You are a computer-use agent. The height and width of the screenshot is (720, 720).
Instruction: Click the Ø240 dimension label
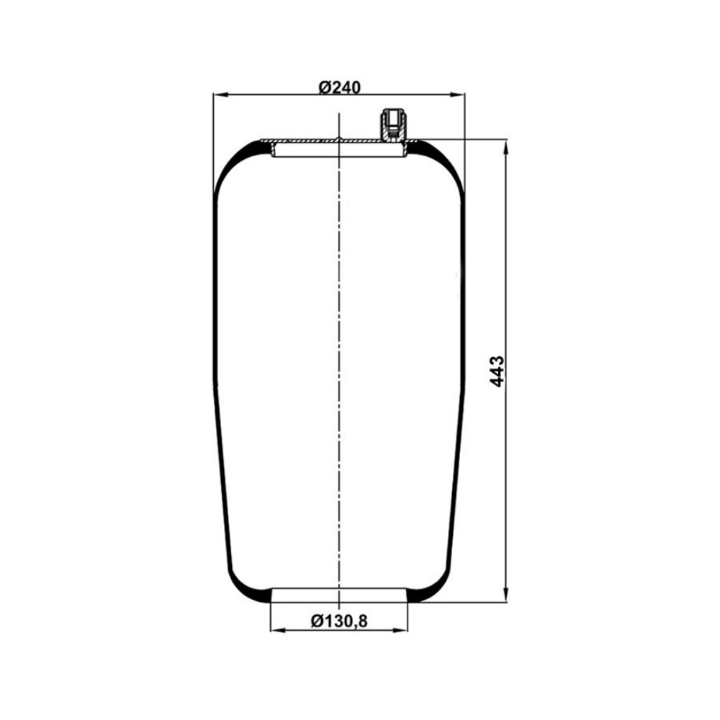339,87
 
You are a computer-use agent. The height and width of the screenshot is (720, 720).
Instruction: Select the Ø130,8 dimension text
339,621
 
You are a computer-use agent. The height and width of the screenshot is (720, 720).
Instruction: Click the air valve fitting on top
392,124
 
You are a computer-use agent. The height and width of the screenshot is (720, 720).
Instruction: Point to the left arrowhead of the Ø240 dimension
220,95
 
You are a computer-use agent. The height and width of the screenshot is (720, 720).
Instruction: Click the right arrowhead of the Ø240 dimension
458,95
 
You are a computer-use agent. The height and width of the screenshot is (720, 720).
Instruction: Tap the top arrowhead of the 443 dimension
506,148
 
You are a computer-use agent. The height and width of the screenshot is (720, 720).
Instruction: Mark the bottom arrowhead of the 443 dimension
506,594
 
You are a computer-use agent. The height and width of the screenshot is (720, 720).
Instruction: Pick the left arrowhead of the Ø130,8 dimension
278,631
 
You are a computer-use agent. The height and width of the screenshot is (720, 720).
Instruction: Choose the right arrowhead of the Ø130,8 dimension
400,631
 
